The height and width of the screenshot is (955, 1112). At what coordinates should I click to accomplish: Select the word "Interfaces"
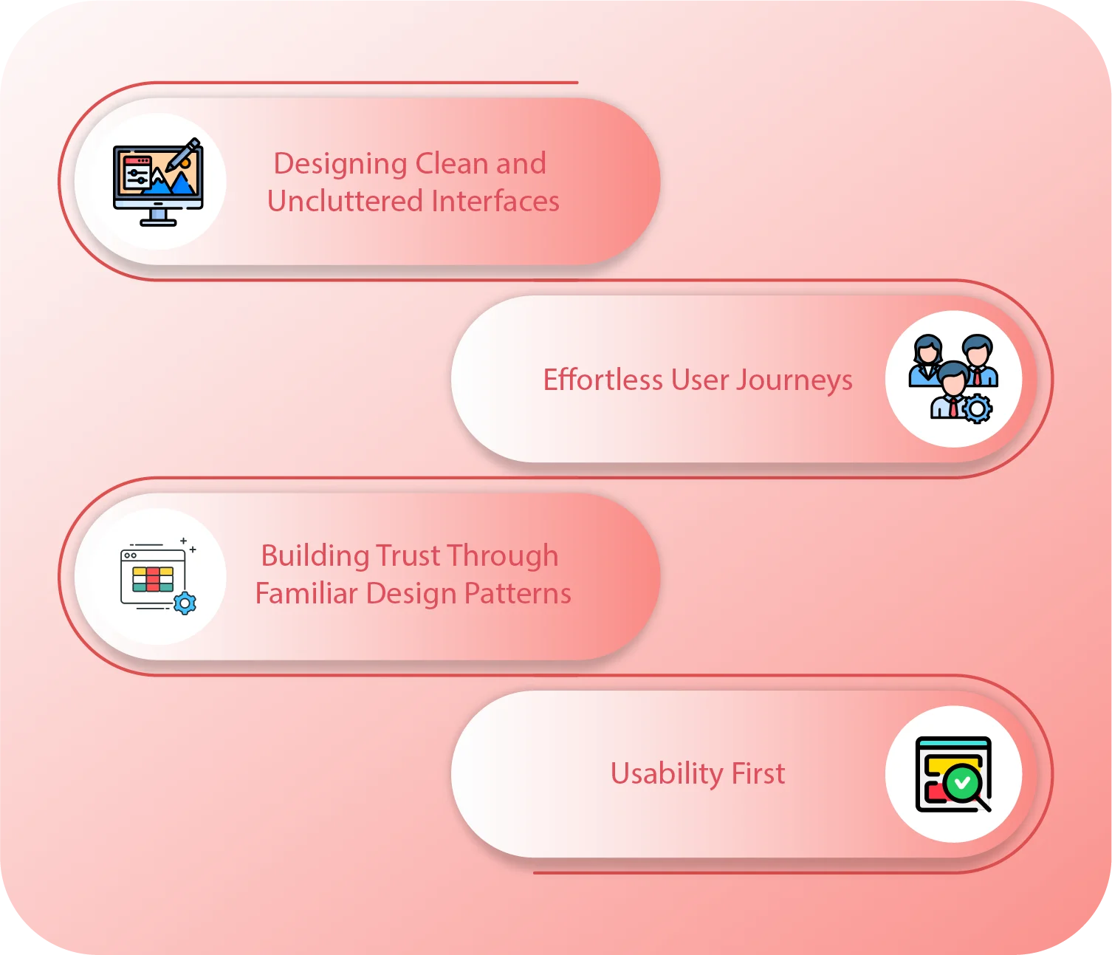click(x=495, y=201)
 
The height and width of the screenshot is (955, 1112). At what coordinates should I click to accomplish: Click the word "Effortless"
click(x=603, y=380)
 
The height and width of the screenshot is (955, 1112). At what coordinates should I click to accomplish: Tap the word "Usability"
click(x=667, y=774)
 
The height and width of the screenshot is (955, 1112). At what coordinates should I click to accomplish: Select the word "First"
click(x=758, y=773)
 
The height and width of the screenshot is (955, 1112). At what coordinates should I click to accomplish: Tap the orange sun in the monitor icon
click(x=185, y=163)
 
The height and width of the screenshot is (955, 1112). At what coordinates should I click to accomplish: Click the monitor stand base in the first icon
click(x=158, y=222)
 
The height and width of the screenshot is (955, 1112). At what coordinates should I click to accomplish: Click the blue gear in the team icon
click(x=977, y=408)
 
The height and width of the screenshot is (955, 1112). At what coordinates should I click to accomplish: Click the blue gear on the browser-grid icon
click(x=185, y=603)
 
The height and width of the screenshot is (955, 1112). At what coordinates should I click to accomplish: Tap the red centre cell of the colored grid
click(x=153, y=579)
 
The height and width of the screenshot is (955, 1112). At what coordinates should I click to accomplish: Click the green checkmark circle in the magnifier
click(x=962, y=781)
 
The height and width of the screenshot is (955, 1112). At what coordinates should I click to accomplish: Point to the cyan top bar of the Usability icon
click(x=953, y=742)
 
